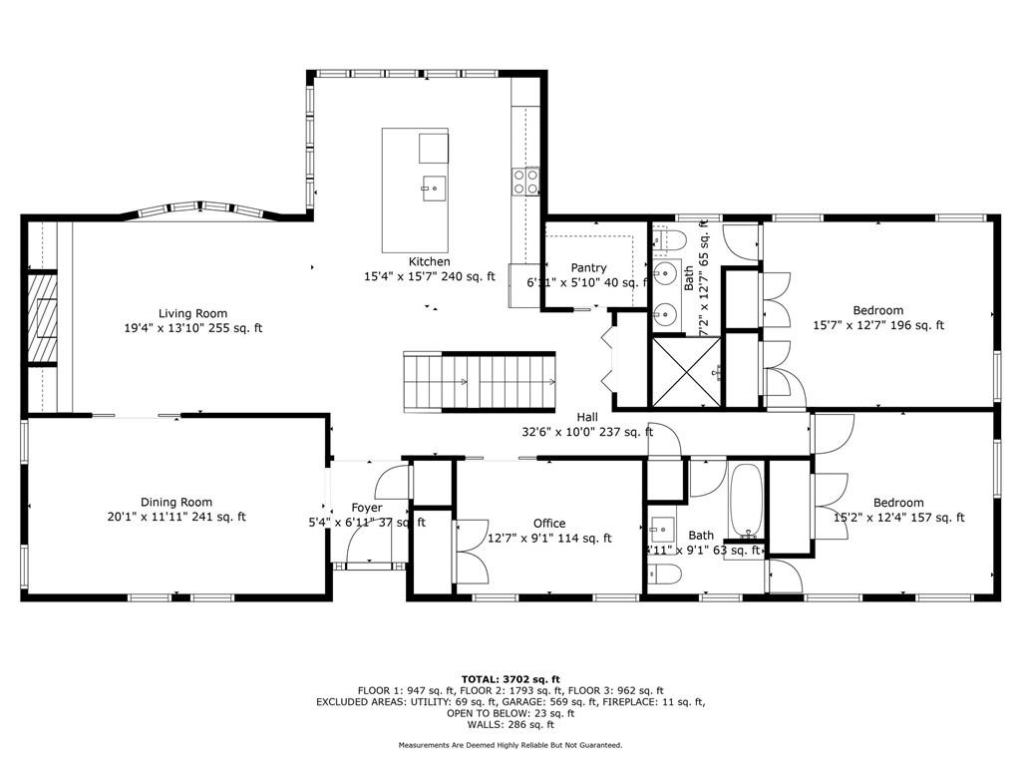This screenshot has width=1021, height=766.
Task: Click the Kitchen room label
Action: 429,262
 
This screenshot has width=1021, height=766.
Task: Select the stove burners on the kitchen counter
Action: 525,181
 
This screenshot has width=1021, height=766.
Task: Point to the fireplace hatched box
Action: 42,319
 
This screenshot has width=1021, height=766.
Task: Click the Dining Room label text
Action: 176,502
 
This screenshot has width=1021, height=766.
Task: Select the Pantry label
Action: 588,268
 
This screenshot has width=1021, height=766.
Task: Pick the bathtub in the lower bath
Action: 745,502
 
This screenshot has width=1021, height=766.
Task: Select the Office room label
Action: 548,523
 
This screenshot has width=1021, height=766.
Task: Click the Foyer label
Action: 367,508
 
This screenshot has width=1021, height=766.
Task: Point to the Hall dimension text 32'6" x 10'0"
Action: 586,432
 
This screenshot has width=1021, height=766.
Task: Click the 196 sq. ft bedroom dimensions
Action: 878,325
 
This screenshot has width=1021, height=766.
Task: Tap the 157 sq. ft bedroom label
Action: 898,503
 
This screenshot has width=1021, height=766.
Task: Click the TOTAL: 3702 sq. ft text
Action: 510,678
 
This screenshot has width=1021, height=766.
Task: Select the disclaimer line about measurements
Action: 510,745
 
